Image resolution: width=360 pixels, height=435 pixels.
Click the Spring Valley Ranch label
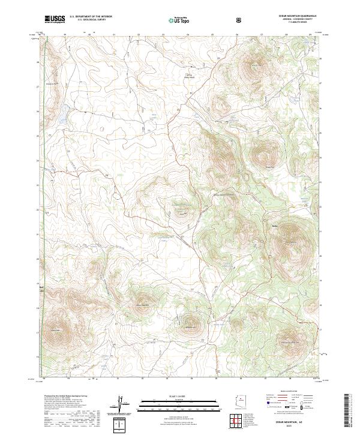189,77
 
